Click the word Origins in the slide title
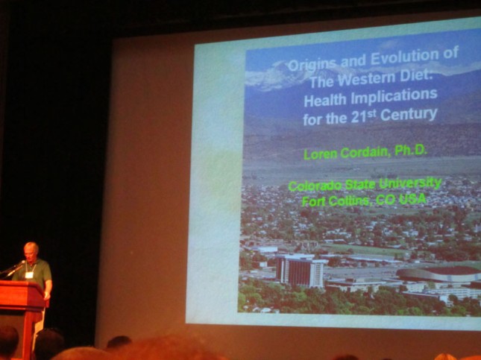pyautogui.click(x=312, y=64)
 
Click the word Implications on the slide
pyautogui.click(x=394, y=96)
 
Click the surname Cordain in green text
pyautogui.click(x=366, y=152)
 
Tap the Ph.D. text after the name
pyautogui.click(x=411, y=150)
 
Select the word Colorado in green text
pyautogui.click(x=315, y=186)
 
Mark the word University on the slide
pyautogui.click(x=410, y=183)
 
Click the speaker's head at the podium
pyautogui.click(x=31, y=251)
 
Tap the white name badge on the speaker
pyautogui.click(x=29, y=275)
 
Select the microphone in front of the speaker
pyautogui.click(x=15, y=268)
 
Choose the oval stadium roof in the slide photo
pyautogui.click(x=439, y=274)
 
